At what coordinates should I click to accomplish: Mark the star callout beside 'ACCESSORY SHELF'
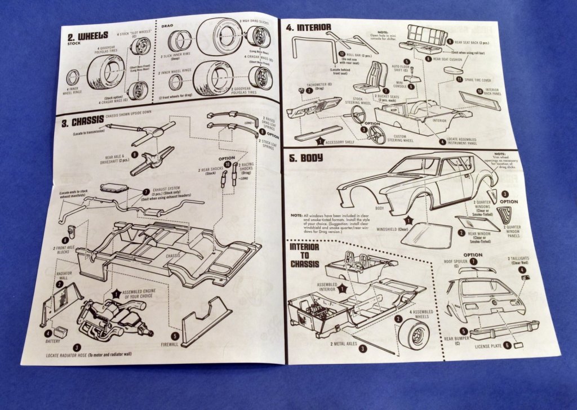tap(319, 141)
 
